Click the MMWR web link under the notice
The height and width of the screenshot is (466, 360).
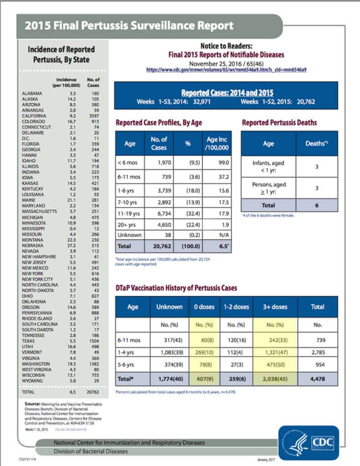pos(226,70)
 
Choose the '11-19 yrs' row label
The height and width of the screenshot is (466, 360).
pos(129,214)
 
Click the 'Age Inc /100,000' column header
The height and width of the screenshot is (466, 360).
pos(216,144)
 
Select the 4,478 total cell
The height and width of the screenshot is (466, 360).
pos(317,379)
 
